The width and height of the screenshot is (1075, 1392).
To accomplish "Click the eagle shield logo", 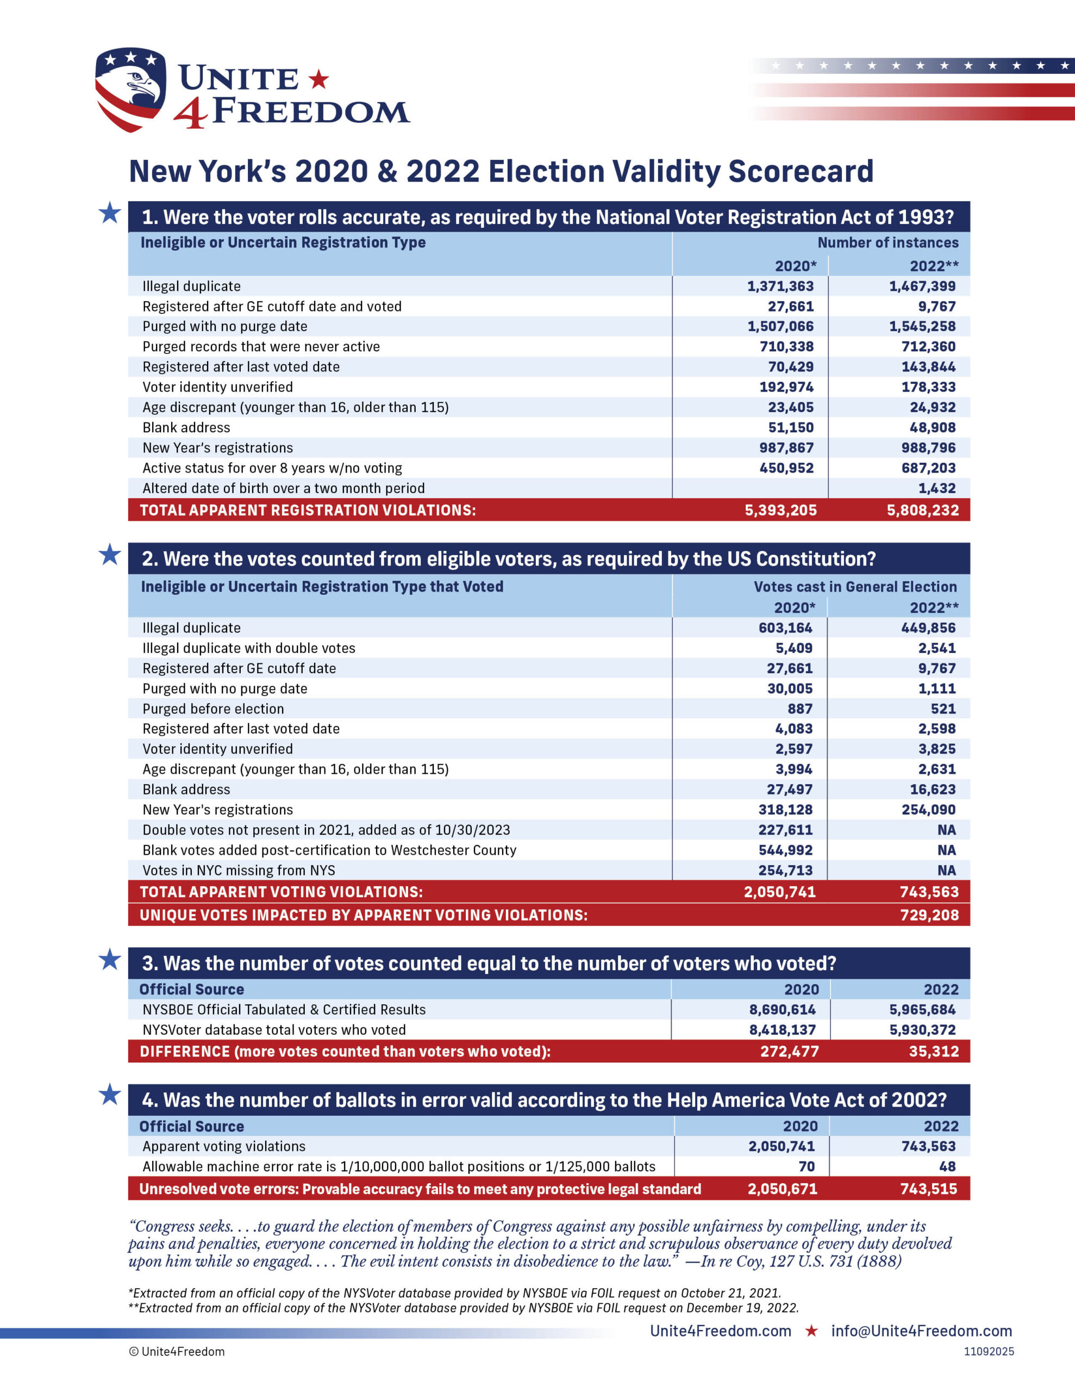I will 130,89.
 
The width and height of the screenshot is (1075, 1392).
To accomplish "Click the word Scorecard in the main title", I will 801,171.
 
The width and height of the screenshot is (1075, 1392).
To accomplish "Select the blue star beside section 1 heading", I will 110,213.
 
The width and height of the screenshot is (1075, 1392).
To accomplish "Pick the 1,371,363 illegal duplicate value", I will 780,286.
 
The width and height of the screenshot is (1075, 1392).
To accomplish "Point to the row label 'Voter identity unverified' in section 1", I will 217,387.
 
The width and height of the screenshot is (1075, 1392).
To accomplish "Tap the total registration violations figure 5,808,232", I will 922,510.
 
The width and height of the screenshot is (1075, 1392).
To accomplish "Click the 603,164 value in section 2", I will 785,628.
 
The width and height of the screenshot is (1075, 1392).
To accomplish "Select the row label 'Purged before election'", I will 213,709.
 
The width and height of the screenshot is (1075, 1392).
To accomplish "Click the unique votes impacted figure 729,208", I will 928,915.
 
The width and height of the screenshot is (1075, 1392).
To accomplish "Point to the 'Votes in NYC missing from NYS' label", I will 239,871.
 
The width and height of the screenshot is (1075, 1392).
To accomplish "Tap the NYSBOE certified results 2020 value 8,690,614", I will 782,1010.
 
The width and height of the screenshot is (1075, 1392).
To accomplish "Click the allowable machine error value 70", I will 806,1166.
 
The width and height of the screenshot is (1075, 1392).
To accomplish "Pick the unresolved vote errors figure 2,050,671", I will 782,1189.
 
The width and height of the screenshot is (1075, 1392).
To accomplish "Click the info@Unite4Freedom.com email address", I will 921,1331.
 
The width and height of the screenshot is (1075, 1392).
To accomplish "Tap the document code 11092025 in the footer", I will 989,1351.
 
